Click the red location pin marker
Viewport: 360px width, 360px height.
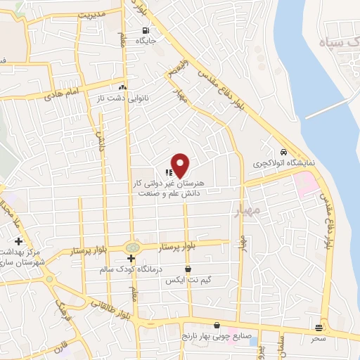pos(180,166)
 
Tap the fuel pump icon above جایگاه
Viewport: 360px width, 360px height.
pos(146,30)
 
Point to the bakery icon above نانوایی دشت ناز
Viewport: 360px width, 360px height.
pos(122,87)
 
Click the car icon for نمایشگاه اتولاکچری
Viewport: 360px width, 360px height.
pos(283,152)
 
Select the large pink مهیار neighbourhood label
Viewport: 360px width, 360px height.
pos(245,210)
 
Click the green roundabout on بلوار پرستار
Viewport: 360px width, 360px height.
pos(131,247)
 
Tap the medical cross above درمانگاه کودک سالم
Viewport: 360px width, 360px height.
pos(131,258)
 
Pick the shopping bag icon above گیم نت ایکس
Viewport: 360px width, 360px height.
pos(188,269)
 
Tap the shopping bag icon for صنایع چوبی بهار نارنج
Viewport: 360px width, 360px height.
pos(216,326)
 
